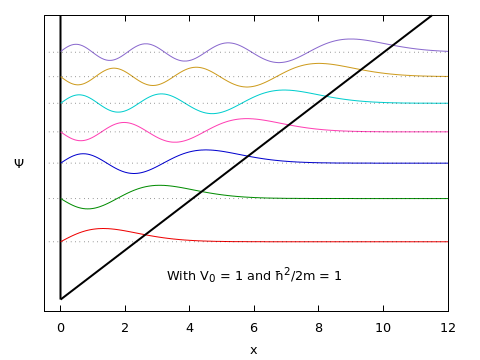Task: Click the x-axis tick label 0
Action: pos(60,327)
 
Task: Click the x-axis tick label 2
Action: pos(125,327)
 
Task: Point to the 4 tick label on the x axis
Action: pos(190,327)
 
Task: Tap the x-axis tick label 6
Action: pos(254,327)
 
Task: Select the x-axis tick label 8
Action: pos(319,327)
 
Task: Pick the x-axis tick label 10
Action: pos(383,327)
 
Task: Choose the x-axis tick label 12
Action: pos(448,327)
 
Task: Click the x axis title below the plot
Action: pos(253,350)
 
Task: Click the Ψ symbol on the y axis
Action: pos(19,162)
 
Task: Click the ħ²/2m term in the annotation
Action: pos(297,274)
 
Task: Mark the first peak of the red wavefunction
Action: pos(103,229)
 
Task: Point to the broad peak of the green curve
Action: pos(160,185)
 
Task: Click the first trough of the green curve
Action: pos(88,208)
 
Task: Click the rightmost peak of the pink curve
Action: pos(250,119)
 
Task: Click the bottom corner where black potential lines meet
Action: pos(60,298)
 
